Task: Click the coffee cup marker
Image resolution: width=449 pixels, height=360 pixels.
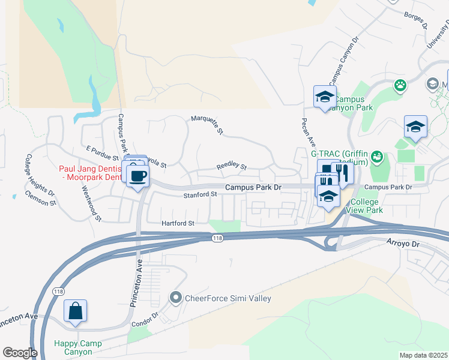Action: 138,176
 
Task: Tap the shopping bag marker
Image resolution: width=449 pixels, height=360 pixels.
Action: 75,311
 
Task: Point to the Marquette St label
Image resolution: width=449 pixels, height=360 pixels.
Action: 207,124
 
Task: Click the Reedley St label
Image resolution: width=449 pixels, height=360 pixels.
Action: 232,165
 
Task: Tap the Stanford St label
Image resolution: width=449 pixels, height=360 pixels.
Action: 200,194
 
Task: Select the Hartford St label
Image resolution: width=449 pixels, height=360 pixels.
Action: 178,223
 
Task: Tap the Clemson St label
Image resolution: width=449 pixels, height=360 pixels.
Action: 41,198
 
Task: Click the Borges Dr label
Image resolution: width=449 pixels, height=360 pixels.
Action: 415,20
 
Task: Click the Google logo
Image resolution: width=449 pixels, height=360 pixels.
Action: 20,353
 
